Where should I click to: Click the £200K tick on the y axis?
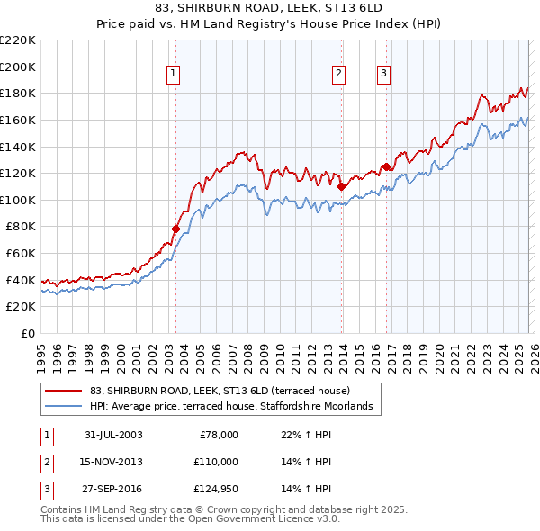point(19,67)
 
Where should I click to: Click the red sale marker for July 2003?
point(175,229)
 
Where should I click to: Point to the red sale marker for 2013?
point(341,186)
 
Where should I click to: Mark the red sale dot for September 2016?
point(386,166)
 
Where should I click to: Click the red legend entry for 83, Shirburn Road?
point(225,391)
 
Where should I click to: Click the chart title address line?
point(270,10)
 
